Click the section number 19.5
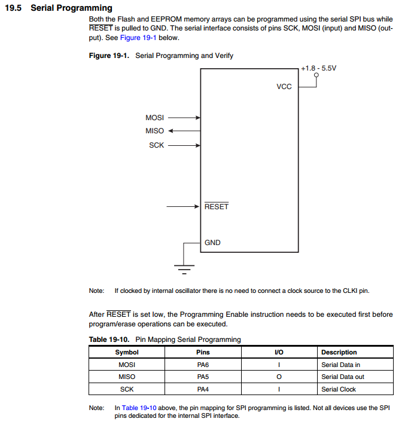[x=13, y=8]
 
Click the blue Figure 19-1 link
[x=138, y=38]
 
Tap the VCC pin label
[x=284, y=87]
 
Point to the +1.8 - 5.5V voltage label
[x=318, y=68]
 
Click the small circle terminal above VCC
[x=316, y=75]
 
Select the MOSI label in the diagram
[x=154, y=118]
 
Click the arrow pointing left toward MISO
[x=184, y=131]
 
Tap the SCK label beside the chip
[x=157, y=145]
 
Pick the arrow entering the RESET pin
[x=183, y=207]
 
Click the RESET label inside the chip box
[x=217, y=207]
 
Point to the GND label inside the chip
[x=212, y=243]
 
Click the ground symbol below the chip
[x=184, y=269]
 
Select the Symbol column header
[x=127, y=352]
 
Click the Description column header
[x=339, y=352]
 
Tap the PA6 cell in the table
[x=203, y=365]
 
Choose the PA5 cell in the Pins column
[x=203, y=377]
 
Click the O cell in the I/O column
[x=279, y=377]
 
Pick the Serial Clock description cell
[x=339, y=389]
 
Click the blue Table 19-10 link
[x=139, y=408]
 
